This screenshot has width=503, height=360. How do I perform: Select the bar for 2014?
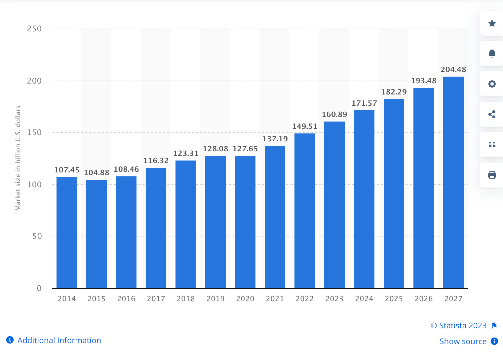point(67,233)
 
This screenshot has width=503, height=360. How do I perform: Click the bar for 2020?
point(245,222)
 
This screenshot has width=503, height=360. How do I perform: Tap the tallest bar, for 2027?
point(453,182)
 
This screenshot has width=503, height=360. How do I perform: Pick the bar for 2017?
point(156,228)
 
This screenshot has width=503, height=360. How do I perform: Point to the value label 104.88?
point(97,172)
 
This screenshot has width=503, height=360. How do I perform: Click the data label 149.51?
point(305,126)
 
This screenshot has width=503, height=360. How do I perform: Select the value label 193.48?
point(424,81)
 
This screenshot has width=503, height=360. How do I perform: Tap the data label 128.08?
point(215,149)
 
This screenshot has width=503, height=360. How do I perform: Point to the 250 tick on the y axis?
point(34,29)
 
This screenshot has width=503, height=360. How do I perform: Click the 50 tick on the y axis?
point(37,236)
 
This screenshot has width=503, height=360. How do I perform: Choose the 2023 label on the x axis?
point(334,299)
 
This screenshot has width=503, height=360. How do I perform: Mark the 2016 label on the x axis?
point(126,299)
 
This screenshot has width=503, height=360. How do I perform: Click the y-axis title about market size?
point(18,158)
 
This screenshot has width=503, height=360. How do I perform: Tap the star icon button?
point(492,23)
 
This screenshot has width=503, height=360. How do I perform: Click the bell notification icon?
point(492,54)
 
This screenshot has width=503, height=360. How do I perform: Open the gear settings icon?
point(492,84)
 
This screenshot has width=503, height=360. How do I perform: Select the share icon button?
point(492,114)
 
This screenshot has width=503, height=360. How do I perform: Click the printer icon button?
point(492,175)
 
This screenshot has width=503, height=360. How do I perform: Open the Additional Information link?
point(59,340)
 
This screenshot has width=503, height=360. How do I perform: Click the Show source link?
point(463,341)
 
